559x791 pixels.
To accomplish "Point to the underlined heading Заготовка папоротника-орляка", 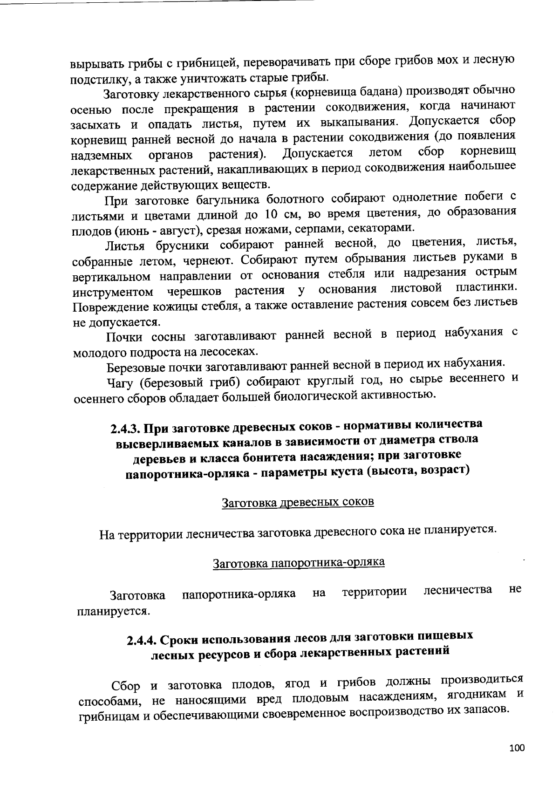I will point(299,562).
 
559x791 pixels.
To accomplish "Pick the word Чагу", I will point(120,382).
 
